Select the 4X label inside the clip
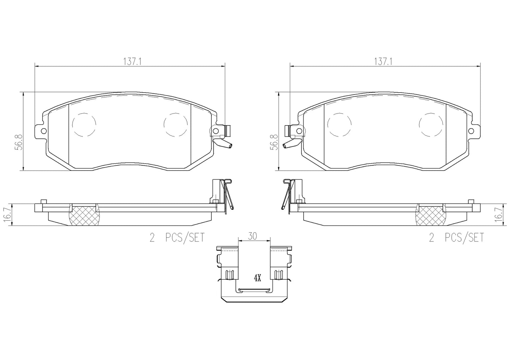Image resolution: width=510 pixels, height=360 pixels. (257, 279)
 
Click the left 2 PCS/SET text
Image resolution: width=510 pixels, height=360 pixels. (177, 238)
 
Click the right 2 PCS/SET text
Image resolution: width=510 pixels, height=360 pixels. (456, 238)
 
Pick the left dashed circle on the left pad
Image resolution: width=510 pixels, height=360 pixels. (84, 124)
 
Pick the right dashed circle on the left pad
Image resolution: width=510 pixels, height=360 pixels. (175, 124)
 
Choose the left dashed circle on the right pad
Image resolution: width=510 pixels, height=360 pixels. (339, 124)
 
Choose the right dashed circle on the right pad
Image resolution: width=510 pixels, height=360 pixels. (431, 124)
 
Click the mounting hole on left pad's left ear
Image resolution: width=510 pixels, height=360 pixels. (43, 131)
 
